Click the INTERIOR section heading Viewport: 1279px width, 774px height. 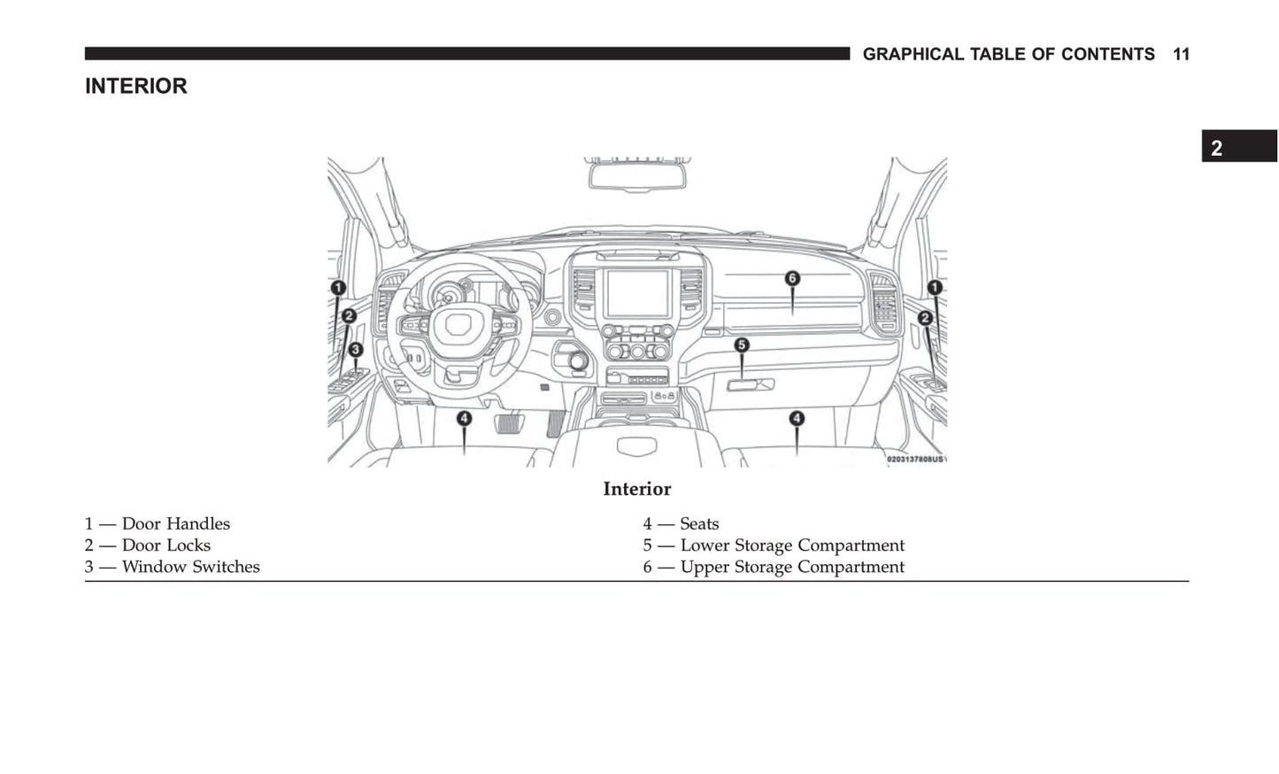click(x=135, y=86)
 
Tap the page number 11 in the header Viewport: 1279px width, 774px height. click(x=1181, y=54)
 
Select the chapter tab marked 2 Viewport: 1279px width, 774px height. click(x=1237, y=147)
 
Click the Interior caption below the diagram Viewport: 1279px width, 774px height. click(x=636, y=489)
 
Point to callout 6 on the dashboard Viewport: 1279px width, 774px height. click(x=792, y=278)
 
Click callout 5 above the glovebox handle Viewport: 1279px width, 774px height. click(x=742, y=344)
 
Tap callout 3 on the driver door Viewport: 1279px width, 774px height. click(x=355, y=350)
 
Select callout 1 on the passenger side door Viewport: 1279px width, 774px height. click(x=935, y=287)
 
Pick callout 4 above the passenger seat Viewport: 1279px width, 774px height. click(x=797, y=418)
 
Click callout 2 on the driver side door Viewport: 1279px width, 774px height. click(x=349, y=315)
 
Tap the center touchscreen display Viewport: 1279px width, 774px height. click(x=637, y=293)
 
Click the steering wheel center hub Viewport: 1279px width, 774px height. click(x=459, y=324)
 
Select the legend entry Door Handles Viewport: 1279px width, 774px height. click(x=158, y=523)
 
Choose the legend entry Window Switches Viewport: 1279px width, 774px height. click(x=173, y=567)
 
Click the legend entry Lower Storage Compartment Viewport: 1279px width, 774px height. click(x=774, y=546)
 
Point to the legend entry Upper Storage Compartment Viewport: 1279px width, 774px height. click(x=774, y=567)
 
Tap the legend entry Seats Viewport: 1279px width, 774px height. click(x=681, y=523)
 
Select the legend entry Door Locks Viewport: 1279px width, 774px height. click(x=148, y=546)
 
